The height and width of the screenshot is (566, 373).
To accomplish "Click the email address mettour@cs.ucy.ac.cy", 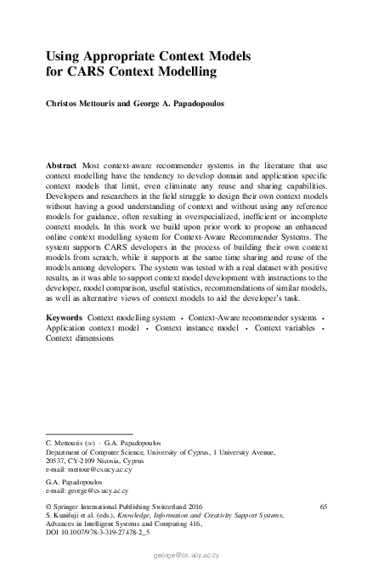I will [99, 468].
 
